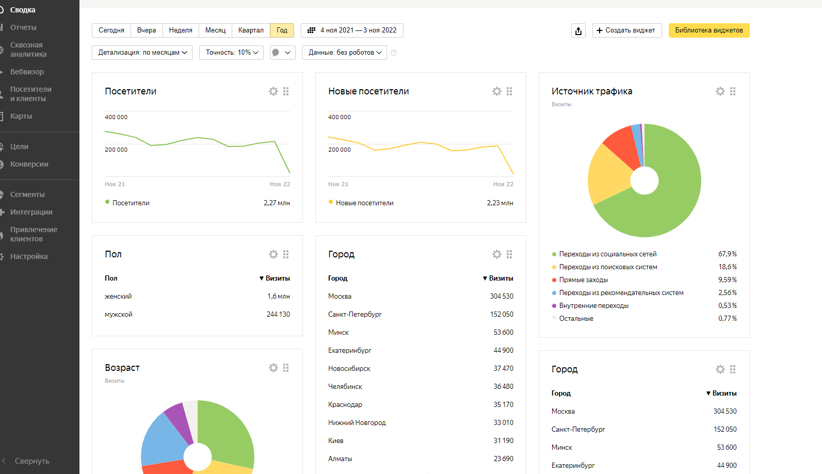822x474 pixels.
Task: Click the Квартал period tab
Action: coord(251,30)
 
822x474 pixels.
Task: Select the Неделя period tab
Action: coord(181,30)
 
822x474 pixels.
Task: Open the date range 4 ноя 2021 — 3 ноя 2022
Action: coord(352,30)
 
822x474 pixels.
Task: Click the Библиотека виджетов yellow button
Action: coord(708,30)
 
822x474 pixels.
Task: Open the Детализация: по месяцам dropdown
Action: coord(142,53)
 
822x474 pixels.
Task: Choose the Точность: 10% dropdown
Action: coord(231,53)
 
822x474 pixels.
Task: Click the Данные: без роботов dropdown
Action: coord(344,53)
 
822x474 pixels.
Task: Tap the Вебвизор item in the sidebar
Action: coord(27,72)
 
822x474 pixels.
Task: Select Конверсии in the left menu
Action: coord(29,164)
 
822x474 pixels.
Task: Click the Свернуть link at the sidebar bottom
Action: coord(31,461)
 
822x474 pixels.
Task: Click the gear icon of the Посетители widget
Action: coord(273,91)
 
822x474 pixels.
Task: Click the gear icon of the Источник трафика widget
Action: coord(720,91)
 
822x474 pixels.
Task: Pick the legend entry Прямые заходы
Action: coord(583,280)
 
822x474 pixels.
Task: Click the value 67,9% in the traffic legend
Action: coord(727,254)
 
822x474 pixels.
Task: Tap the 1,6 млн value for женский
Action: coord(278,296)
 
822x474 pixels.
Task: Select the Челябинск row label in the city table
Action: coord(345,386)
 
